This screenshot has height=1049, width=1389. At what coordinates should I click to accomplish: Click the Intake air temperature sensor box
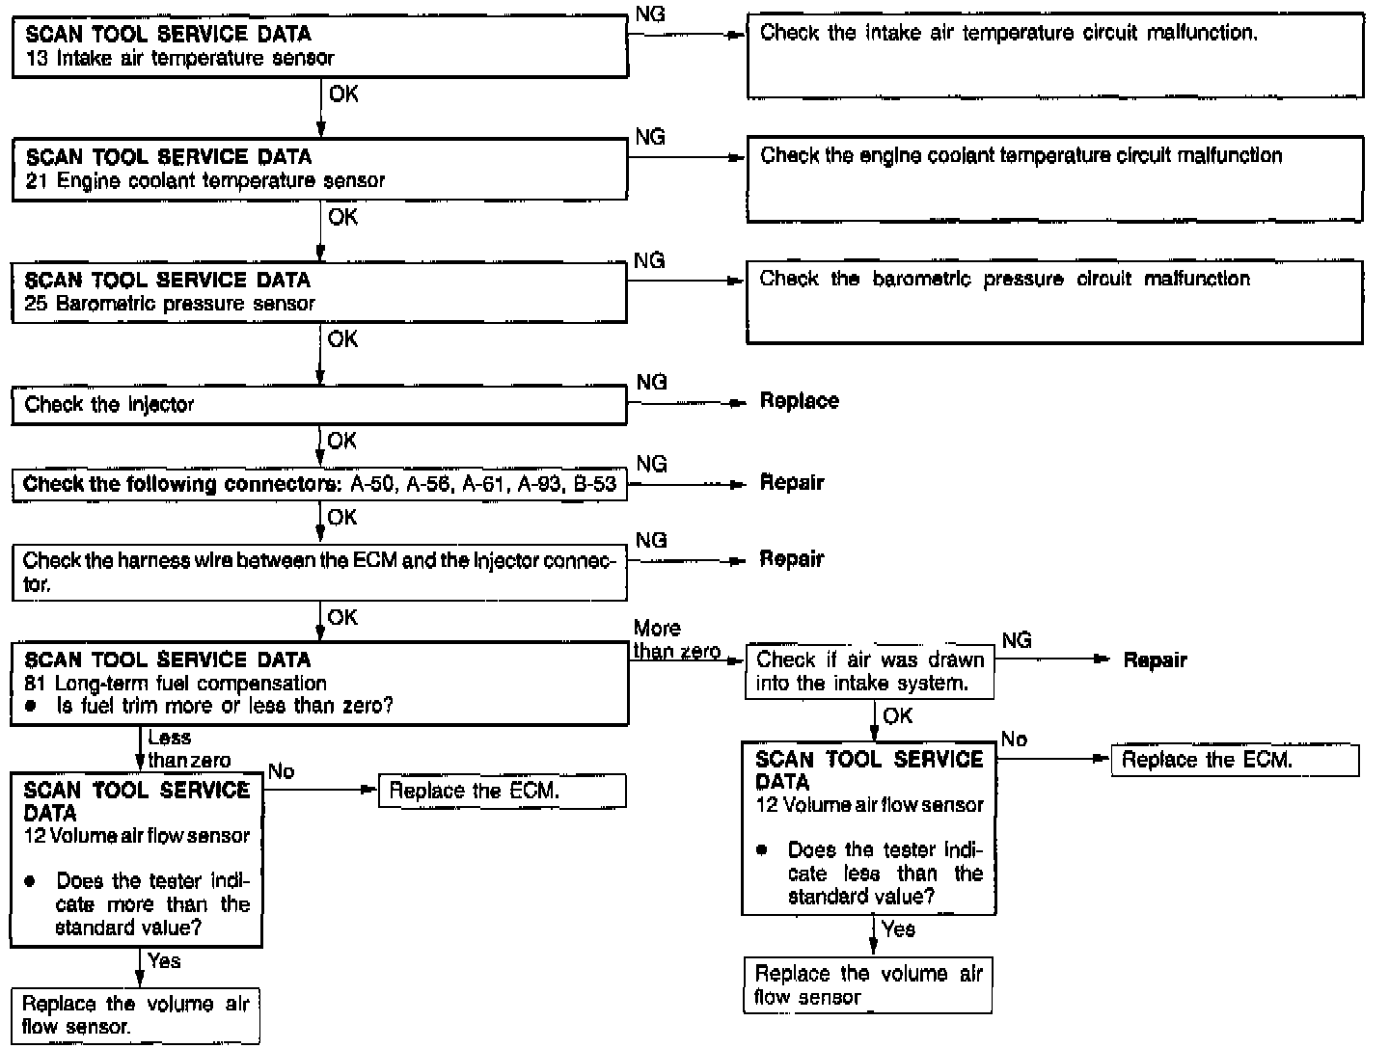319,46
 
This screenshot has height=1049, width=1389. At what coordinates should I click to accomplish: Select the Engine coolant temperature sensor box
319,169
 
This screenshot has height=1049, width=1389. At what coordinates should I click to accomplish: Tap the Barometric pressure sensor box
319,292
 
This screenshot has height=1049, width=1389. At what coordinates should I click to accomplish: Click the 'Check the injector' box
319,405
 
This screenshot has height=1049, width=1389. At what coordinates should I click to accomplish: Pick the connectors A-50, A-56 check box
319,484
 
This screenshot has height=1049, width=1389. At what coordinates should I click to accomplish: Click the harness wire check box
319,572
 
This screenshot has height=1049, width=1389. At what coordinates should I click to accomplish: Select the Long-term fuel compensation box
319,683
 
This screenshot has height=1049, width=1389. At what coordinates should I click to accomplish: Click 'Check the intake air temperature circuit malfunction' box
1055,57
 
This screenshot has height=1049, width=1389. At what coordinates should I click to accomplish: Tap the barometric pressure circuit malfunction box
1054,302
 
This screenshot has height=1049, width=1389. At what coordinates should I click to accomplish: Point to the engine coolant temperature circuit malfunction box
1054,179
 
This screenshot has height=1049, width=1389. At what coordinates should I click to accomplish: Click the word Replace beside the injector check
799,401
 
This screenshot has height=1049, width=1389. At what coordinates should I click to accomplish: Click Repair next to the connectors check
792,482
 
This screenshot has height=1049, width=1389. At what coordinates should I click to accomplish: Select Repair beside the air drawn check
1155,660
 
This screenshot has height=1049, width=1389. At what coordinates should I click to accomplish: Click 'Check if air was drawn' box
870,672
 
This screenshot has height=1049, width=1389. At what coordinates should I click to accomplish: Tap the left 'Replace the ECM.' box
502,792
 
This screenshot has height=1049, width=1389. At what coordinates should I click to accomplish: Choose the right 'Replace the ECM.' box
1235,760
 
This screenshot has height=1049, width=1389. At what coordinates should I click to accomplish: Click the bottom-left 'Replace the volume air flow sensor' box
135,1014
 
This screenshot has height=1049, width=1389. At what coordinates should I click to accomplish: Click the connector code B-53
594,484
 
